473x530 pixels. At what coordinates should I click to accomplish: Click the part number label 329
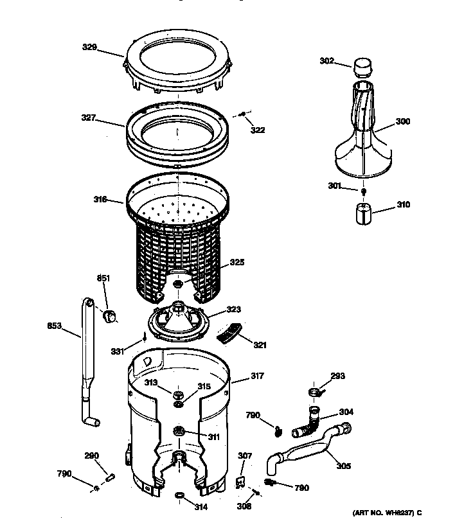click(89, 47)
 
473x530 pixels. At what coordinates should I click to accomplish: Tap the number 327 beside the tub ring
click(89, 118)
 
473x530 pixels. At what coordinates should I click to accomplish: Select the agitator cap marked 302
click(364, 66)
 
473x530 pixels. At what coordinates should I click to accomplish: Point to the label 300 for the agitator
click(403, 121)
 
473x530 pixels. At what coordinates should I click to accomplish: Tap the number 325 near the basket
click(236, 262)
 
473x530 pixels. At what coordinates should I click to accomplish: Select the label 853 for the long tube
click(55, 326)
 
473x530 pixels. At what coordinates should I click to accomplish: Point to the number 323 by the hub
click(233, 309)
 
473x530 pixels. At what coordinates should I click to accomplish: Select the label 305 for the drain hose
click(343, 466)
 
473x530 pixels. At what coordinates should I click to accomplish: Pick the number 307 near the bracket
click(245, 456)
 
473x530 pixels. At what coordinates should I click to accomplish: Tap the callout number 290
click(91, 455)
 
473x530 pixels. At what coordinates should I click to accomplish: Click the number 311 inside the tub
click(213, 437)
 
